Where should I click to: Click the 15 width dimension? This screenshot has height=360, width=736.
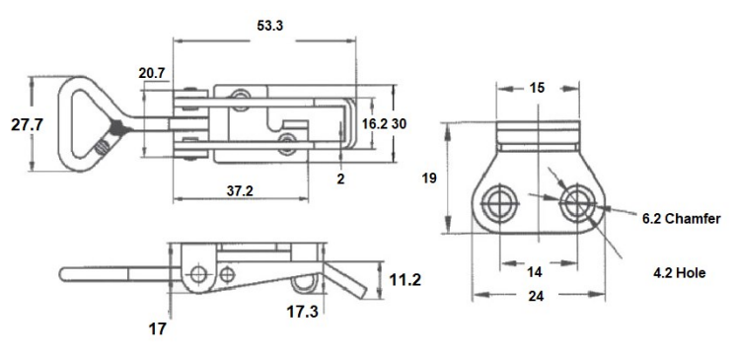pos(537,89)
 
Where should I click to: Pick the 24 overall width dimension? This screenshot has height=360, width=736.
pos(537,297)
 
